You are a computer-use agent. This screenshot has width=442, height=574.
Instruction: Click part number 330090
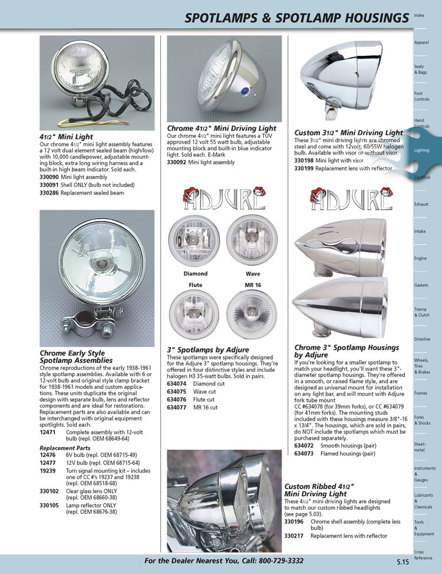click(49, 177)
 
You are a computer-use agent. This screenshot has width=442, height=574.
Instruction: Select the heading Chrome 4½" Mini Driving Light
click(221, 128)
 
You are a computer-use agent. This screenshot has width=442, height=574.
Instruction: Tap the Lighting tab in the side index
click(422, 150)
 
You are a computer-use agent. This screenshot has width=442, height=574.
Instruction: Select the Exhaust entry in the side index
click(421, 204)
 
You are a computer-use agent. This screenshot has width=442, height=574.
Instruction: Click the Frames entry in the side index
click(421, 393)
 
